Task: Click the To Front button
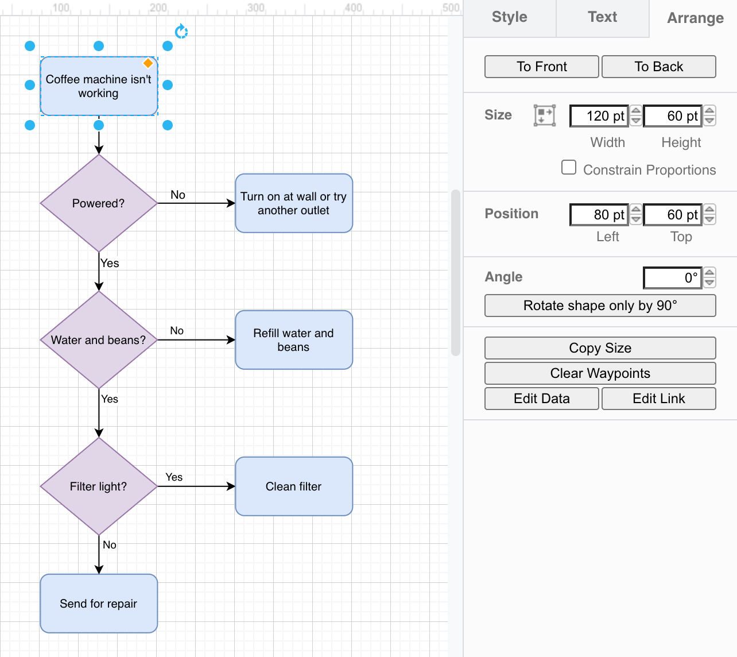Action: (541, 67)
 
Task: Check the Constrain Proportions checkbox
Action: (569, 167)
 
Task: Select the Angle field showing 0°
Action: (672, 278)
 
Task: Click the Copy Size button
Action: (600, 348)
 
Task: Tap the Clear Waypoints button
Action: (600, 373)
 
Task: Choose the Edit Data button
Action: (541, 399)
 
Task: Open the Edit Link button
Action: (658, 399)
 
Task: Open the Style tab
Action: (509, 17)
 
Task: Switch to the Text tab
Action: (602, 17)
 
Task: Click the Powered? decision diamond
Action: (99, 203)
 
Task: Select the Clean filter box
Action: (294, 486)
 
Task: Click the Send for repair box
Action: (99, 604)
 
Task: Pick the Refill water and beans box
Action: (294, 340)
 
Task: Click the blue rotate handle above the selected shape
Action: (181, 32)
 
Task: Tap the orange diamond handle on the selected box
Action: (148, 63)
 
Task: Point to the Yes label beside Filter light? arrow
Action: (174, 477)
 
